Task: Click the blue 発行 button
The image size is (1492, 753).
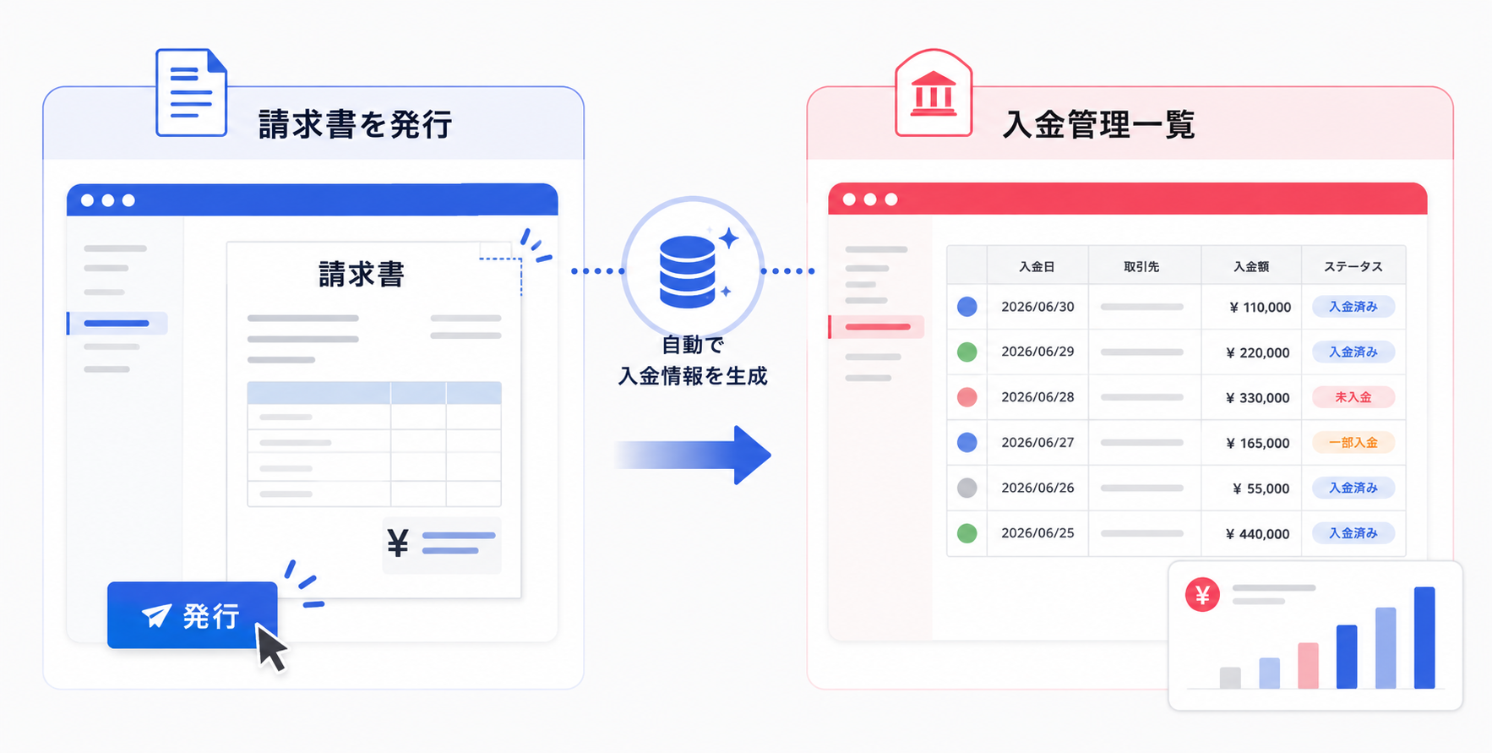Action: [x=192, y=614]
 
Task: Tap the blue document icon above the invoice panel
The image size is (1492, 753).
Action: [x=192, y=92]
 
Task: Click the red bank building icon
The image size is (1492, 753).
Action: [x=934, y=93]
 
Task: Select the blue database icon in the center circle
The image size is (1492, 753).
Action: [x=687, y=271]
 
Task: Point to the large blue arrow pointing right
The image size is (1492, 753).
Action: [x=693, y=455]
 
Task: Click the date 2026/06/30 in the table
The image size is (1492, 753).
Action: [x=1037, y=307]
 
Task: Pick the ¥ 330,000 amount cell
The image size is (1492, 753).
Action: [x=1258, y=398]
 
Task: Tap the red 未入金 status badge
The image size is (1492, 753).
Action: [x=1353, y=397]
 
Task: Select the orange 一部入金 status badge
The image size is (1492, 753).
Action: [x=1353, y=443]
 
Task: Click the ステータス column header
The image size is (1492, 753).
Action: [x=1353, y=266]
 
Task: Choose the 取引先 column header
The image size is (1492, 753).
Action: [x=1141, y=266]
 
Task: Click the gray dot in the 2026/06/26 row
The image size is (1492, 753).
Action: [x=967, y=488]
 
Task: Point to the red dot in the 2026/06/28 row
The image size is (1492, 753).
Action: [x=967, y=397]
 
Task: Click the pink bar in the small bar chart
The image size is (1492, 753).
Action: [x=1308, y=666]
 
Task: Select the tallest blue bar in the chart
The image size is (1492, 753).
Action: [x=1424, y=638]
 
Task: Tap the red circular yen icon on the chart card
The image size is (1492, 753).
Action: [x=1202, y=595]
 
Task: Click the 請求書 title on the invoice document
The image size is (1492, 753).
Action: [x=362, y=274]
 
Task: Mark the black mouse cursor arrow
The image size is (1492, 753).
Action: [x=271, y=647]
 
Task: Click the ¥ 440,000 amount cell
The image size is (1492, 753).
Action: [x=1258, y=534]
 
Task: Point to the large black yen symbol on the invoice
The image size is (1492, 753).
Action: [x=398, y=543]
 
